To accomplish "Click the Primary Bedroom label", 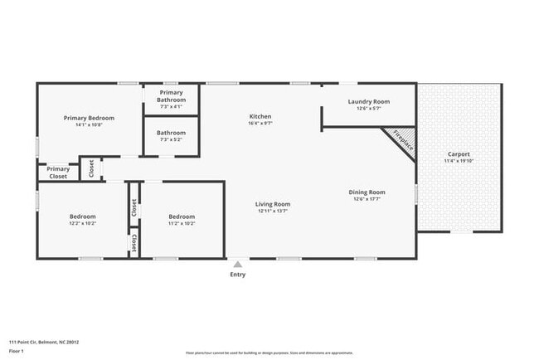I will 89,118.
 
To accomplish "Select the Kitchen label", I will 260,116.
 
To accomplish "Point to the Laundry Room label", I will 368,101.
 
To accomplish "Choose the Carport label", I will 459,154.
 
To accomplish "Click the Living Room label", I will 272,204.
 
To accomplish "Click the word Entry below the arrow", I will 238,274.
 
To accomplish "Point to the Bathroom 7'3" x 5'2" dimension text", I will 171,139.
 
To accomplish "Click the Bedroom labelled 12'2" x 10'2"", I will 82,216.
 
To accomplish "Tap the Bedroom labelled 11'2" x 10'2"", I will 182,216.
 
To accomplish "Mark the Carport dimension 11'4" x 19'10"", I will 459,162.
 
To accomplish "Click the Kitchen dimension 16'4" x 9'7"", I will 260,124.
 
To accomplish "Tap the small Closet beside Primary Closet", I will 90,168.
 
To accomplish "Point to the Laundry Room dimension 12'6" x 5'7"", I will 368,109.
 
